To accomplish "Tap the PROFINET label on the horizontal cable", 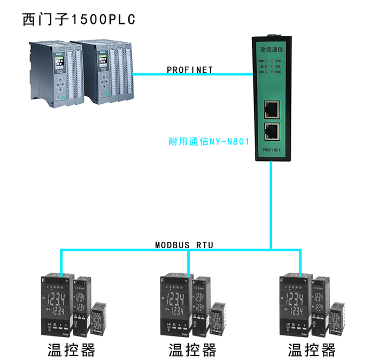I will tap(190, 70).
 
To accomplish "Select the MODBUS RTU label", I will tap(184, 245).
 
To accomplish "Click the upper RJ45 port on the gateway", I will tap(271, 110).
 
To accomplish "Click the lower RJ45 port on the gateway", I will tap(271, 130).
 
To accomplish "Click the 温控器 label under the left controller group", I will tap(71, 350).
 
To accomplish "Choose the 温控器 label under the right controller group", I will tap(312, 350).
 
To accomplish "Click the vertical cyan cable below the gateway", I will tap(271, 203).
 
